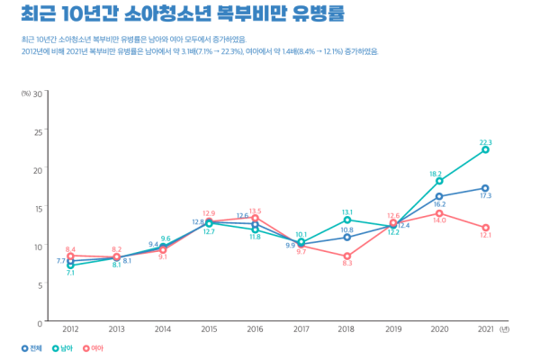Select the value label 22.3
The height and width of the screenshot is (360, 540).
pos(485,141)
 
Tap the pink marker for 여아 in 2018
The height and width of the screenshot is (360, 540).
pos(346,256)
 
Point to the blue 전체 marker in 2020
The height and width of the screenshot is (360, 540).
pos(439,196)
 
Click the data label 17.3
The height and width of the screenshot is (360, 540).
pos(485,196)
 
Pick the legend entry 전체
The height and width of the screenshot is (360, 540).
pos(32,348)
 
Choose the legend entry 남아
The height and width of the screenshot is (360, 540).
pos(63,348)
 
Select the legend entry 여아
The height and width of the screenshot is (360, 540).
pos(94,348)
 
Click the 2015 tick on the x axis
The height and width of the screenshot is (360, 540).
pos(209,330)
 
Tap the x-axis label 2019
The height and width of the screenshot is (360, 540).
pos(393,330)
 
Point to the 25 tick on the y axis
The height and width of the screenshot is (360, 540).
pos(38,131)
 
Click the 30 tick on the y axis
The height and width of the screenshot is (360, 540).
pos(38,94)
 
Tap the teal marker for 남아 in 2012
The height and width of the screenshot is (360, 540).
pos(70,265)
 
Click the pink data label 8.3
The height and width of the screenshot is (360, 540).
pos(346,264)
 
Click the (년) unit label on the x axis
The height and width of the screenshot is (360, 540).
pos(504,330)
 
